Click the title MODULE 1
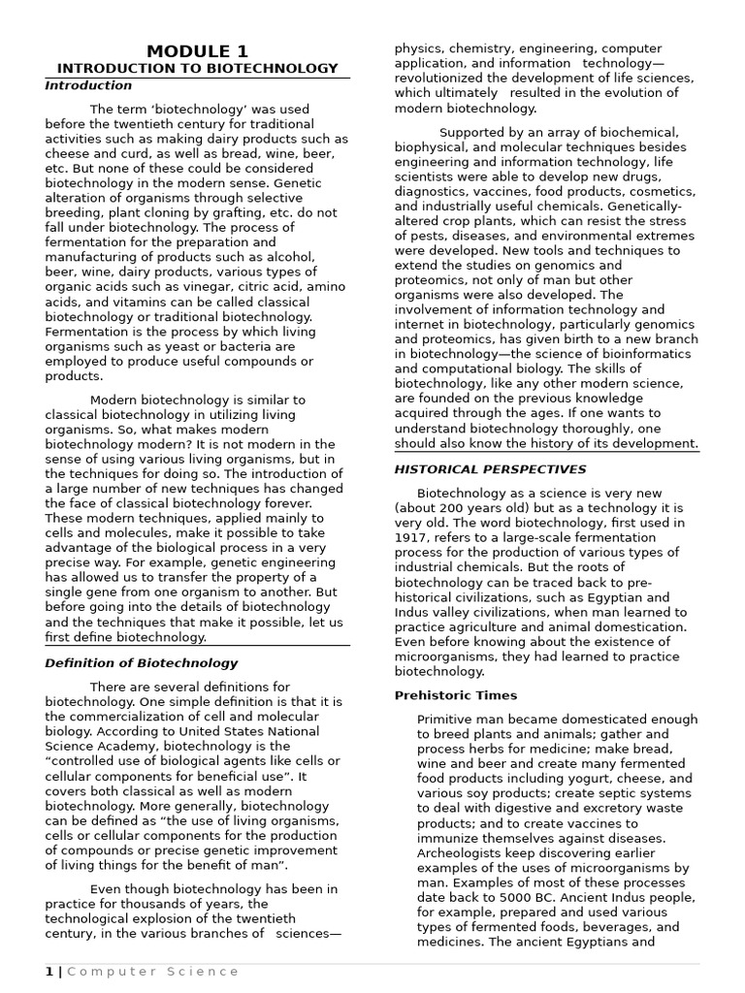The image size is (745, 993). tap(197, 51)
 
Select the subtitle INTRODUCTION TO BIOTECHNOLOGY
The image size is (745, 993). tap(197, 69)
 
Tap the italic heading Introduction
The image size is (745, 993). tap(88, 85)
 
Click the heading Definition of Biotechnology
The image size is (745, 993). tap(142, 663)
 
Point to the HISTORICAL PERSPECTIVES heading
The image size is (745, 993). tap(490, 469)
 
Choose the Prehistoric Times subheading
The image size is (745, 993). tap(456, 695)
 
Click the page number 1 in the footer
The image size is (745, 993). tap(49, 971)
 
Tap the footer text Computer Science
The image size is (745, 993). tap(152, 971)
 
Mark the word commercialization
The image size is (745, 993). tap(125, 716)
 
